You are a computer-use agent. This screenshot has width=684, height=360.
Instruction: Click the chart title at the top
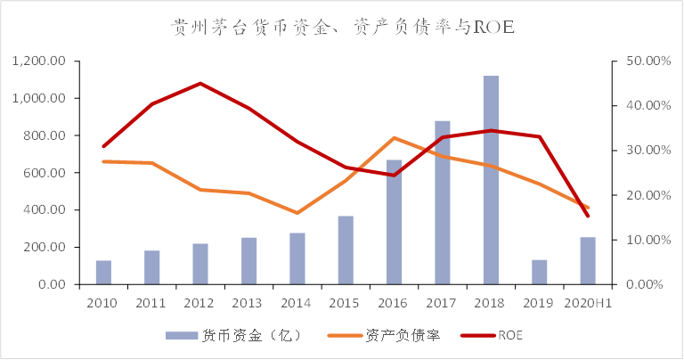(x=343, y=28)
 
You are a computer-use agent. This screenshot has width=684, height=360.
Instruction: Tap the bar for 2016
(x=394, y=222)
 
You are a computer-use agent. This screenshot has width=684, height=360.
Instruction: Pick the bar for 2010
(x=103, y=273)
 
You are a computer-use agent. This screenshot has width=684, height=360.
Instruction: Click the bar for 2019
(x=539, y=272)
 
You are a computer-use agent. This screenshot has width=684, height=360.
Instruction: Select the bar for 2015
(x=346, y=250)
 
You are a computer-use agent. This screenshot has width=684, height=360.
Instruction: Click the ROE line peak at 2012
(x=200, y=84)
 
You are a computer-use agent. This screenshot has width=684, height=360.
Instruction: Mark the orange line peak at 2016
(x=394, y=138)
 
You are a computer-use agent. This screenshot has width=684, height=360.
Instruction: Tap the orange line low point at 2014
(x=297, y=213)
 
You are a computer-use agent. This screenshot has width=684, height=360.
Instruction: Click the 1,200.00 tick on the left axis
(x=39, y=61)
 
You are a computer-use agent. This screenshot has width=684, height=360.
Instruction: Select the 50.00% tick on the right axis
(x=643, y=61)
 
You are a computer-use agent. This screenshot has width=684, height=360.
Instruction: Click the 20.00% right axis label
(x=643, y=195)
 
